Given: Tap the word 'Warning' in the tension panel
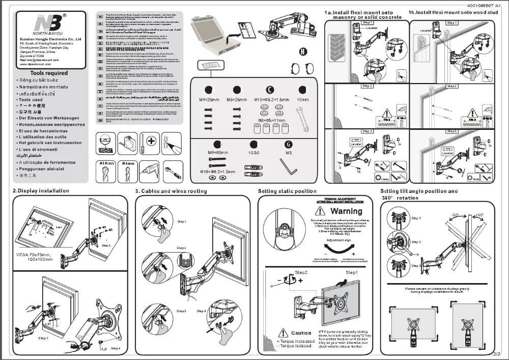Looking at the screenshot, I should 346,211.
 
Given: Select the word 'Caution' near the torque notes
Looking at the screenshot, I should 301,333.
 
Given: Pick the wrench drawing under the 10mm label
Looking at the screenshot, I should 304,120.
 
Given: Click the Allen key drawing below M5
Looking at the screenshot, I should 287,165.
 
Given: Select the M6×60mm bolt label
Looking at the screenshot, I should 217,152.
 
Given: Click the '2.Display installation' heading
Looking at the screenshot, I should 41,191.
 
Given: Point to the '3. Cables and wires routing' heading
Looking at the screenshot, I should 171,191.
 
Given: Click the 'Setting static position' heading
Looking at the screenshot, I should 287,191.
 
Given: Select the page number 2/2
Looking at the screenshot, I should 497,352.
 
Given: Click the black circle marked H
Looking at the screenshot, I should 303,51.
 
